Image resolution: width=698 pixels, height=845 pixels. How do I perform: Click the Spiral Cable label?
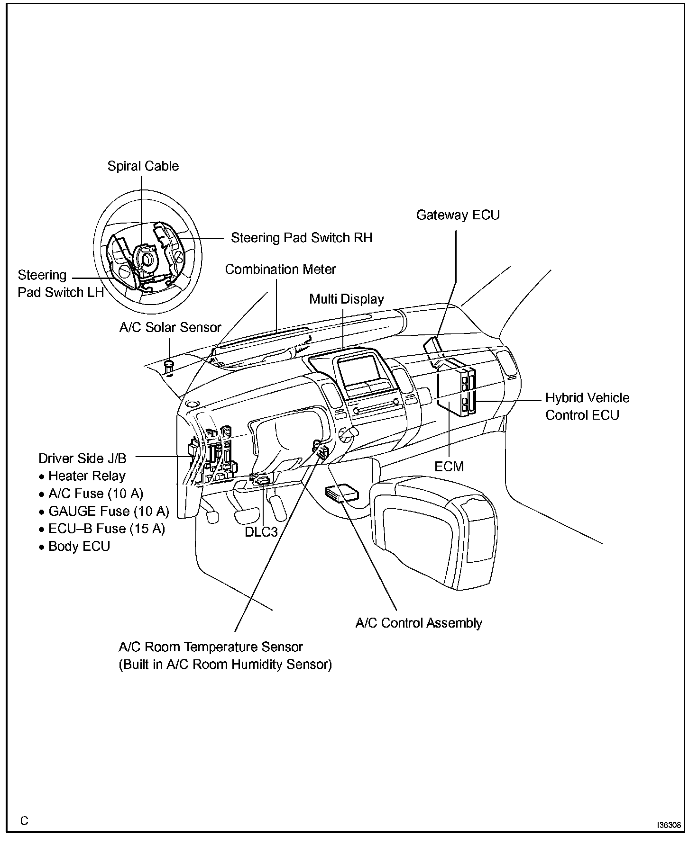tap(143, 166)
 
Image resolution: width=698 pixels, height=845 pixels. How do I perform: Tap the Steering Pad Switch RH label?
tap(301, 238)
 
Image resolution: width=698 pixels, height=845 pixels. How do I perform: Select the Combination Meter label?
tap(280, 270)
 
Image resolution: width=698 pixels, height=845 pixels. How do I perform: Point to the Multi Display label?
tap(346, 299)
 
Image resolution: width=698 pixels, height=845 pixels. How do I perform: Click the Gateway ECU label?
tap(458, 215)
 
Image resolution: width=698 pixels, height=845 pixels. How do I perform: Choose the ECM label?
tap(449, 467)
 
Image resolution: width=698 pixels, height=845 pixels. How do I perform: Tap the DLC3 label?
tap(261, 532)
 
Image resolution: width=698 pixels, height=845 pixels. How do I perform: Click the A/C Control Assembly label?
tap(419, 623)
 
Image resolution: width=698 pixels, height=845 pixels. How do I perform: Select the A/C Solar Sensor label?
tap(170, 328)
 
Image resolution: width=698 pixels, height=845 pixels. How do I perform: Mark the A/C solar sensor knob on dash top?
tap(169, 366)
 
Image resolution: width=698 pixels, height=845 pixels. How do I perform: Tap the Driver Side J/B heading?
tap(83, 458)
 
